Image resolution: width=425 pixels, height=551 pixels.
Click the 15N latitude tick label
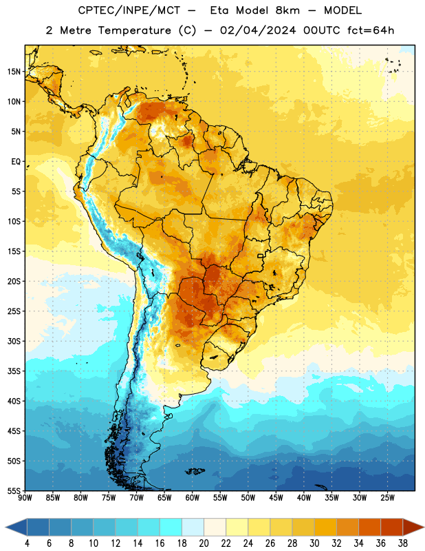coord(14,72)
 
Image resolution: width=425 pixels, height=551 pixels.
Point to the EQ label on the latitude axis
coord(16,162)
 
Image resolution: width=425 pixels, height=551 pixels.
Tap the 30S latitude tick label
coord(14,341)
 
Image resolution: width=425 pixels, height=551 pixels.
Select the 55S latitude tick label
coord(14,490)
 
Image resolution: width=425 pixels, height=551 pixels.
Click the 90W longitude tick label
coord(25,498)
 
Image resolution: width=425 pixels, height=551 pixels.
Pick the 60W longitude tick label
coord(192,498)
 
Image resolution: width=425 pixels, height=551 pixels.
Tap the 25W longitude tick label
coord(387,498)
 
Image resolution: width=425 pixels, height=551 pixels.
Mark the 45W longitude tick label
coord(276,498)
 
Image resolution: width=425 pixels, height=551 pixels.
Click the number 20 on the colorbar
coord(204,543)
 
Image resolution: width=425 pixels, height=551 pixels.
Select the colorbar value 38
coord(403,543)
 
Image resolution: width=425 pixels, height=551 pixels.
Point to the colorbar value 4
coord(27,543)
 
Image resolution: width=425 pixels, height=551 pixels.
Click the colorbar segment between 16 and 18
coord(171,527)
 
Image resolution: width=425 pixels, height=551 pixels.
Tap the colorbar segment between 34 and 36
coord(370,527)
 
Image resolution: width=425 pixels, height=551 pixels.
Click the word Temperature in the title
coord(135,30)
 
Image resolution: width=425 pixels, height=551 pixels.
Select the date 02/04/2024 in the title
coord(259,30)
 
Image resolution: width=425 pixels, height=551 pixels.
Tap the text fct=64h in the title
coord(371,30)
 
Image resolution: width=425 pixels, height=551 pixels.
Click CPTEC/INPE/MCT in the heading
coord(129,10)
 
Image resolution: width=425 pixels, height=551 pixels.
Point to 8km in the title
coord(287,10)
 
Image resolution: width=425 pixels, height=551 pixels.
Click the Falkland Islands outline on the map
coord(195,471)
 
